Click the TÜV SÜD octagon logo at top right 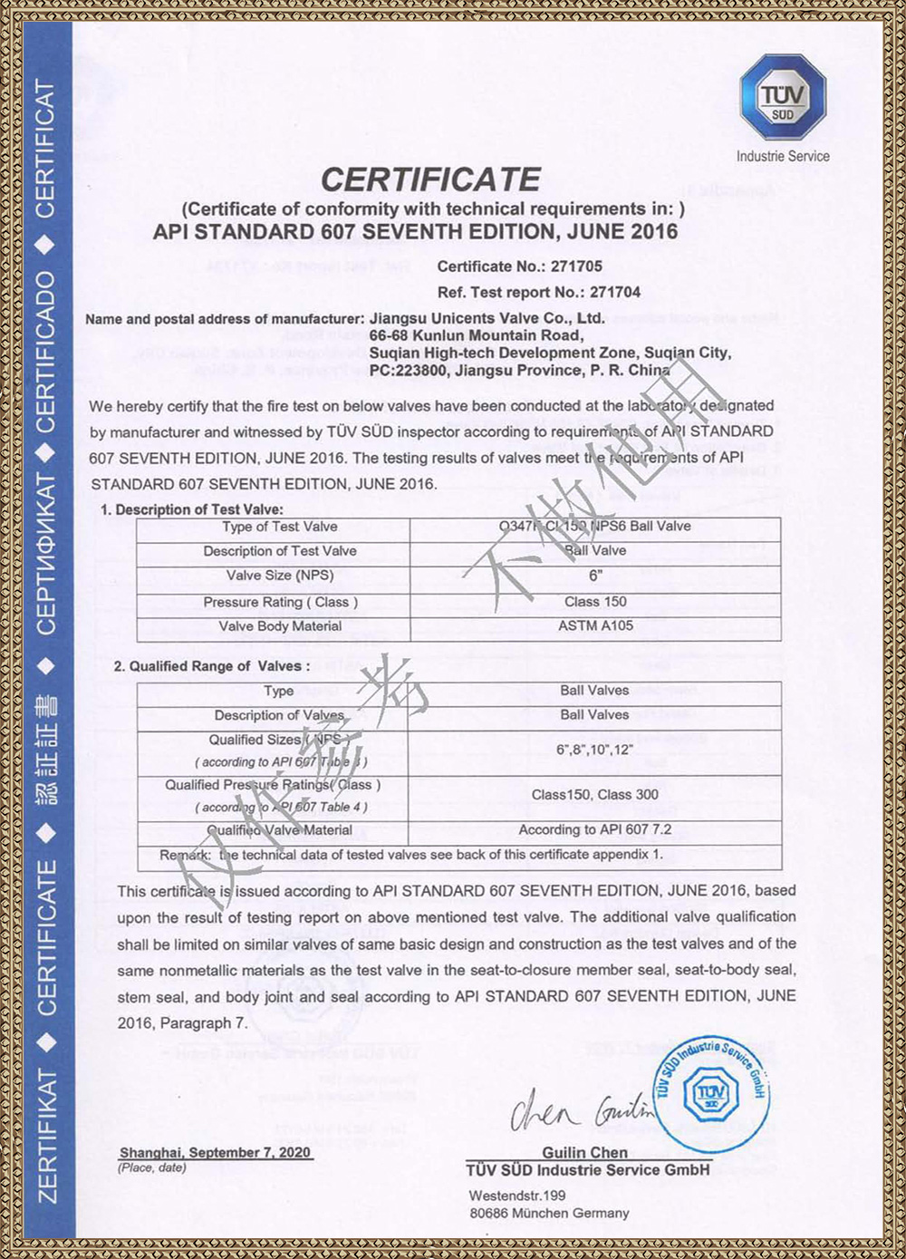(783, 97)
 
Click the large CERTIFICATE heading (431, 179)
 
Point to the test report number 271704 (615, 292)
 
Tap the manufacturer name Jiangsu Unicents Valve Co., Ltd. (487, 318)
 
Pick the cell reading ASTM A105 (595, 626)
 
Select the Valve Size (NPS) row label (280, 576)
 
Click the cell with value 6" (595, 576)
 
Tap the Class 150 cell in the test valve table (595, 602)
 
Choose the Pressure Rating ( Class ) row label (280, 602)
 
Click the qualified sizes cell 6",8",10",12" (595, 751)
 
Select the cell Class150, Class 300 (595, 795)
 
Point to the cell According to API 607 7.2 (595, 829)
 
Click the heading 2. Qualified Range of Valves (212, 666)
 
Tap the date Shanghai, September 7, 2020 (216, 1152)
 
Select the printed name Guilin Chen (584, 1152)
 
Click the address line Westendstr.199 (517, 1196)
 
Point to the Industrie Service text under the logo (783, 156)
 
